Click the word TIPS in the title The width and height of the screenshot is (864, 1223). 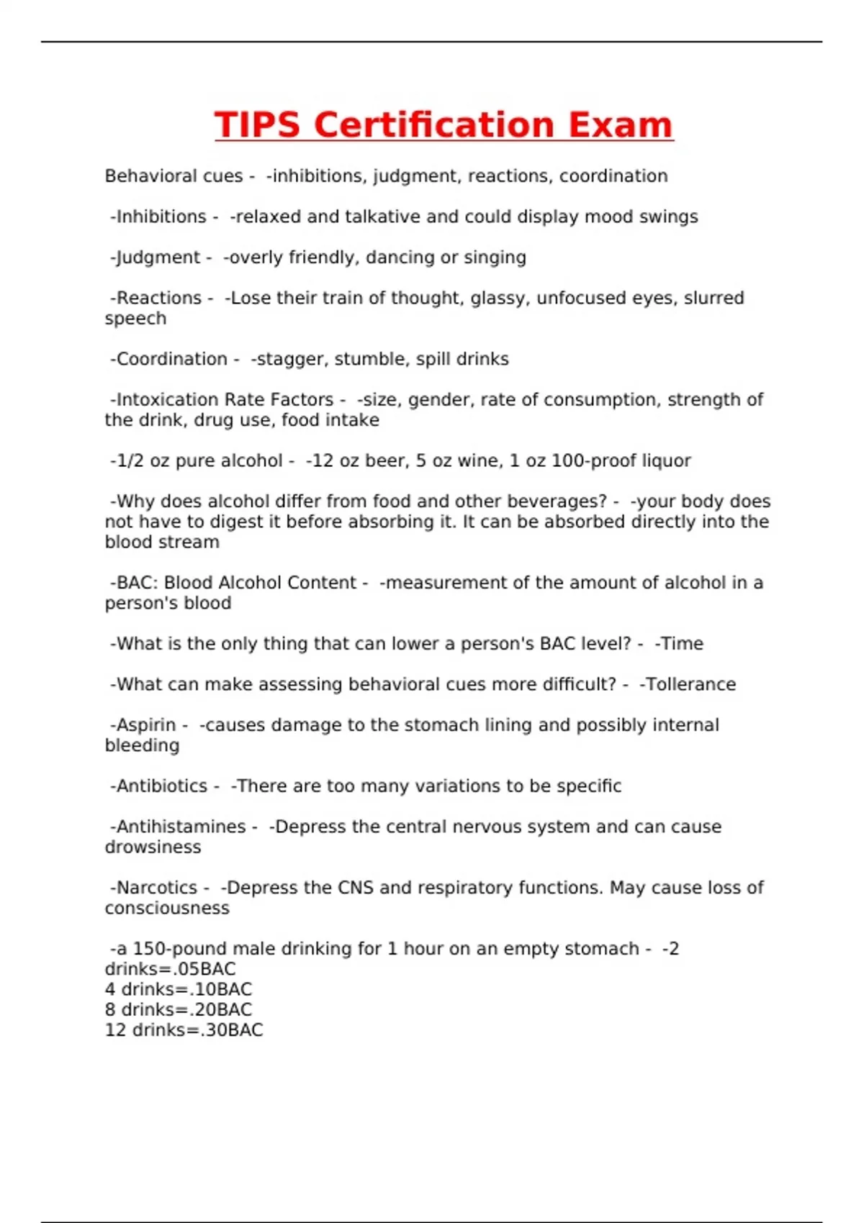257,125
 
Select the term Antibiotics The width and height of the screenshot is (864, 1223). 161,786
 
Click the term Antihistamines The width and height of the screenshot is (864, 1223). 181,827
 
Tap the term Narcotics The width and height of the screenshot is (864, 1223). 156,888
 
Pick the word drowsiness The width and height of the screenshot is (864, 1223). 153,847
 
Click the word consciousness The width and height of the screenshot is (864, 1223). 167,909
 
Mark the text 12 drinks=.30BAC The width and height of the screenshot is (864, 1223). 184,1030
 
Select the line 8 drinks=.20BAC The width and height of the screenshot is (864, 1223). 179,1010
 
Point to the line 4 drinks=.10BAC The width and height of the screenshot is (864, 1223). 179,990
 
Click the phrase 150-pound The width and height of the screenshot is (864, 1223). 175,949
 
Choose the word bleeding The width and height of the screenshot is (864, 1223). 142,746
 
